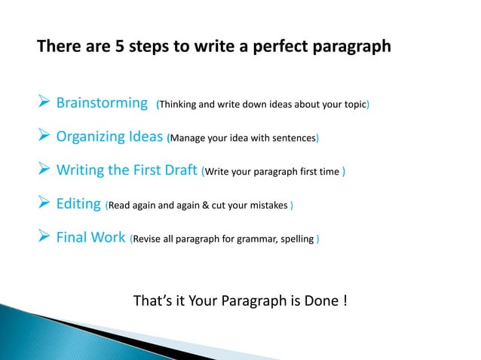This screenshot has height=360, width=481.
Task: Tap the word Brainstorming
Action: tap(102, 102)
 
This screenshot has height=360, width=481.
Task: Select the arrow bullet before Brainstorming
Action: tap(44, 102)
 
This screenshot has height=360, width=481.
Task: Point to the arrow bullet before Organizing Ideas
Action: tap(44, 137)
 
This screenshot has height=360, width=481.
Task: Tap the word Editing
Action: tap(79, 206)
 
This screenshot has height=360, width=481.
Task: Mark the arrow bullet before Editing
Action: tap(44, 206)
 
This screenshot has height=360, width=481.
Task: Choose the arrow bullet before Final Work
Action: tap(44, 239)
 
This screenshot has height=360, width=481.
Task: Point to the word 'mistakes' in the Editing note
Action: tap(268, 207)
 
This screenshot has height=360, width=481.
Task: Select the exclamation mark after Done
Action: tap(345, 301)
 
